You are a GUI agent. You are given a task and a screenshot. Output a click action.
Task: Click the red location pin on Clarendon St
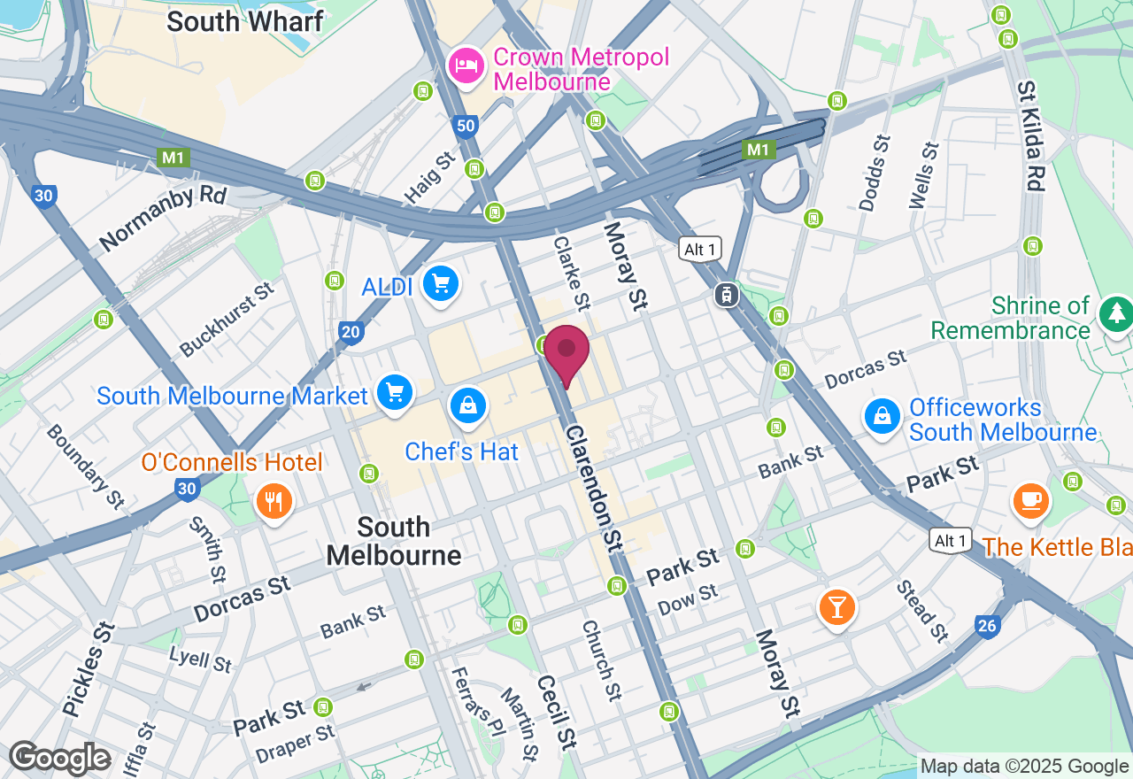(x=566, y=351)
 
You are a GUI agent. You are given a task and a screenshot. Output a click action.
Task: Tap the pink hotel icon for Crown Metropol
(x=466, y=65)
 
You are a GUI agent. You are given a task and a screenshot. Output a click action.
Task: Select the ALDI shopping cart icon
(x=440, y=284)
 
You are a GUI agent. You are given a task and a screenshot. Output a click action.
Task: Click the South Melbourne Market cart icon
(x=395, y=392)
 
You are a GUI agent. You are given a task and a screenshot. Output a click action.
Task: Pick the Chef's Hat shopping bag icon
(x=466, y=406)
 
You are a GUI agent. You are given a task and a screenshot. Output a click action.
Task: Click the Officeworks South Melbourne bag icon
(x=883, y=415)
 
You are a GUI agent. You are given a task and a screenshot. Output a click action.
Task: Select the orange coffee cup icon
(x=1030, y=500)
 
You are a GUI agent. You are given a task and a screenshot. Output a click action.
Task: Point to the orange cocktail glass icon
(x=836, y=607)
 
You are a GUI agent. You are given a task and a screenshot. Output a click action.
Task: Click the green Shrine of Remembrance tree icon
(x=1115, y=313)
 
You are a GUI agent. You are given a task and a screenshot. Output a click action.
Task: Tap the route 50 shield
(x=466, y=127)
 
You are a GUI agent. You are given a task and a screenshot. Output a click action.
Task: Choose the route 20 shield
(x=351, y=333)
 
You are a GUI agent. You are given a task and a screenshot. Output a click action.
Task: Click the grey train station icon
(x=727, y=295)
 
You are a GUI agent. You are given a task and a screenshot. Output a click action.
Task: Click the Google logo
(x=59, y=759)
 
